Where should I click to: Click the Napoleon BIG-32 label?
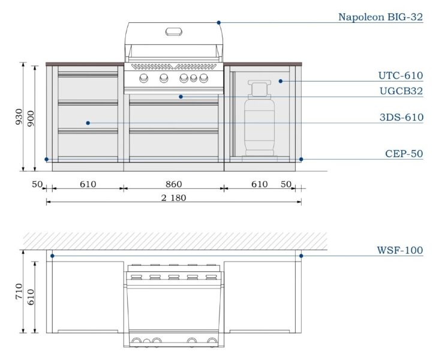[380, 17]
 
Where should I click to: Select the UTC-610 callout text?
[400, 76]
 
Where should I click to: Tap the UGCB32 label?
[401, 91]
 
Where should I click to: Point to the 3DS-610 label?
[401, 118]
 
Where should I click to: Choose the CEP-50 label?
[404, 154]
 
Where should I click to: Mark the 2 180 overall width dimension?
[174, 198]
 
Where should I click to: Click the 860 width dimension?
[174, 184]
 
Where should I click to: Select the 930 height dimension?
[19, 116]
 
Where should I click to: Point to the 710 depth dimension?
[19, 293]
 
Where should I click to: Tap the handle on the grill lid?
[174, 31]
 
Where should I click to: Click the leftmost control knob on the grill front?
[144, 79]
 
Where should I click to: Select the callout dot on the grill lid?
[220, 22]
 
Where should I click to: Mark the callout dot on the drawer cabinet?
[88, 123]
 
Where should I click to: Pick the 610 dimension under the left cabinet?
[88, 184]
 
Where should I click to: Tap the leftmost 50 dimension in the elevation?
[37, 184]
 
